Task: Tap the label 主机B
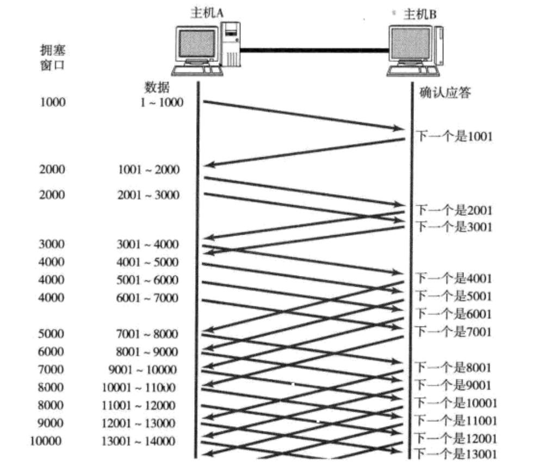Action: click(x=419, y=14)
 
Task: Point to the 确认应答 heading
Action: click(x=445, y=93)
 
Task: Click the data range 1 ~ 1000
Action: click(x=162, y=102)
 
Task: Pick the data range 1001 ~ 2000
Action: click(x=148, y=169)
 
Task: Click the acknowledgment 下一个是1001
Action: click(x=454, y=136)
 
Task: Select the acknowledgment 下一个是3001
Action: click(x=454, y=226)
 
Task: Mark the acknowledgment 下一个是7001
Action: click(x=454, y=331)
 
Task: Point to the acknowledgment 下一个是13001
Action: click(x=456, y=454)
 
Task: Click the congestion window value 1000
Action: click(x=53, y=102)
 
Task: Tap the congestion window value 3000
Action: click(x=52, y=244)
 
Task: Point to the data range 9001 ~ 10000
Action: click(x=143, y=370)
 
